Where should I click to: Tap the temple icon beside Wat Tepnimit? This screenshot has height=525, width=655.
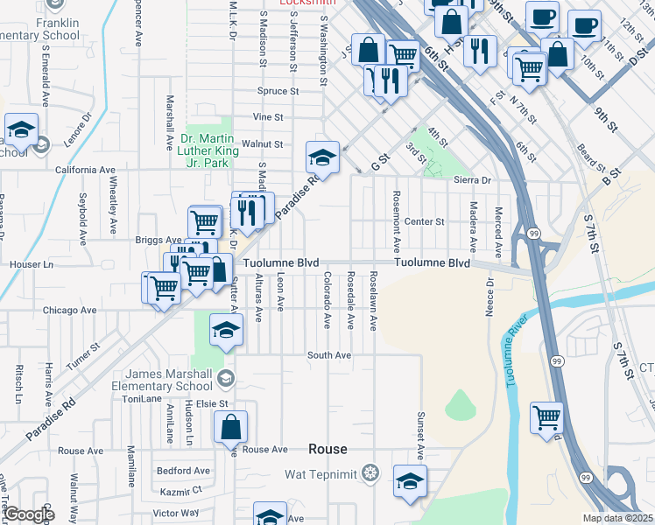pyautogui.click(x=371, y=473)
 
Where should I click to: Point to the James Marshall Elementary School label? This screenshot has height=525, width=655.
pyautogui.click(x=168, y=381)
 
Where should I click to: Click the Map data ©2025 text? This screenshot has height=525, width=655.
pyautogui.click(x=618, y=518)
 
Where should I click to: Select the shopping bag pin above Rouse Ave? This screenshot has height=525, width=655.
pyautogui.click(x=230, y=427)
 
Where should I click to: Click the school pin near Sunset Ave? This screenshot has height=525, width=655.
pyautogui.click(x=410, y=481)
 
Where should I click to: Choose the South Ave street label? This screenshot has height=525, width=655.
pyautogui.click(x=328, y=355)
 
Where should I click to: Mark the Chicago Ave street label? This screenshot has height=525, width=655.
pyautogui.click(x=69, y=310)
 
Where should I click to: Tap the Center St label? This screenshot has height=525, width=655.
pyautogui.click(x=425, y=222)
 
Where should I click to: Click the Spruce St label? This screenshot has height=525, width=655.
pyautogui.click(x=278, y=90)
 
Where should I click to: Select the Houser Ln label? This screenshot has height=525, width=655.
pyautogui.click(x=31, y=263)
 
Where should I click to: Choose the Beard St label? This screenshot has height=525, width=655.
pyautogui.click(x=592, y=163)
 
